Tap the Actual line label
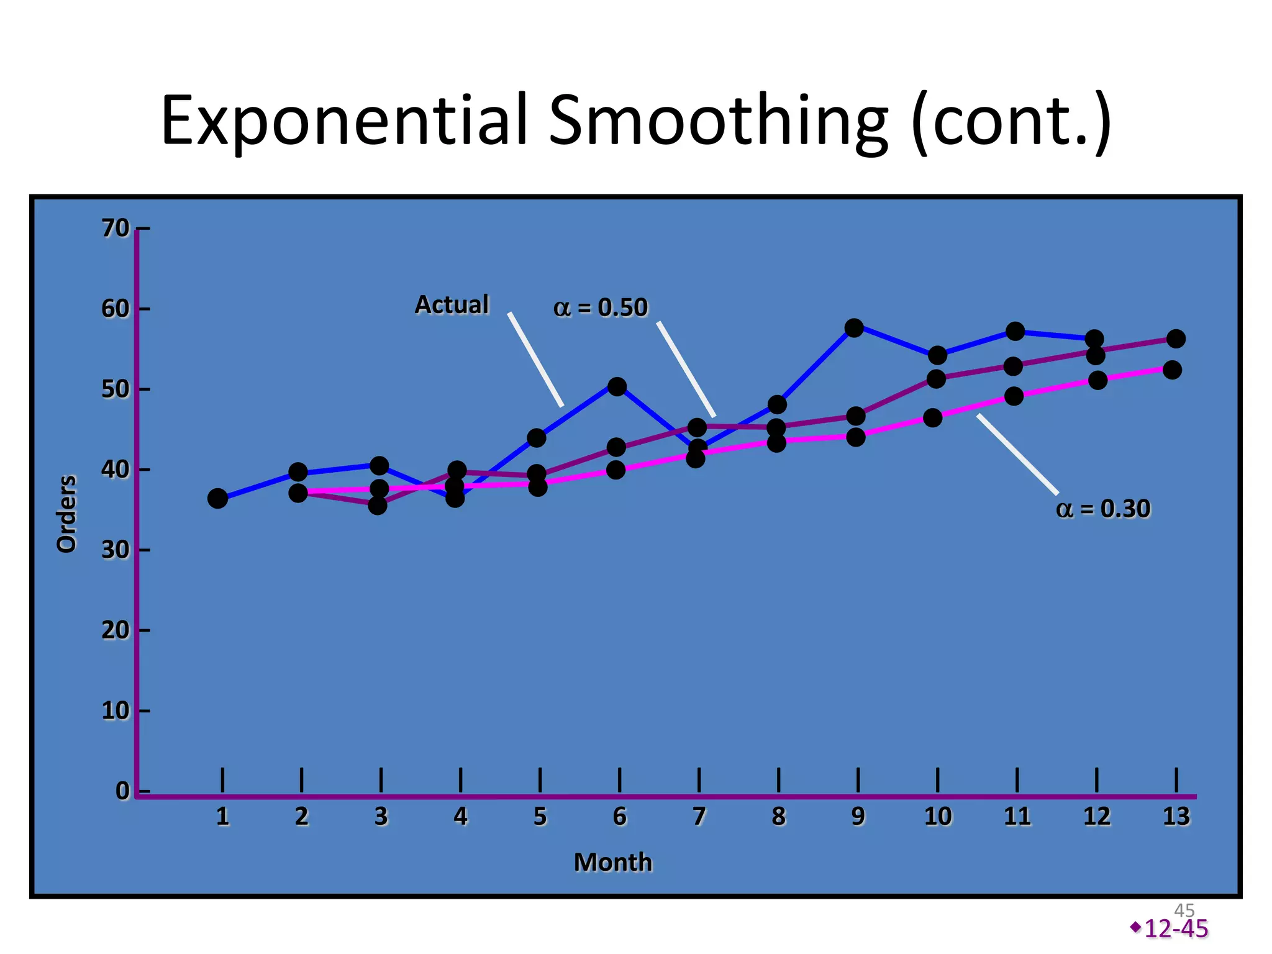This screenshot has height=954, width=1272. pyautogui.click(x=452, y=305)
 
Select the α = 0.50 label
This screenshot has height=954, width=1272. pyautogui.click(x=601, y=307)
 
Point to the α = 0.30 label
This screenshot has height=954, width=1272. pyautogui.click(x=1103, y=509)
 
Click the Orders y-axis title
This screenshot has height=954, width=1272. pyautogui.click(x=66, y=514)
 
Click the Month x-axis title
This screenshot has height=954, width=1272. pyautogui.click(x=613, y=862)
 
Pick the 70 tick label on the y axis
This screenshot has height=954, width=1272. pyautogui.click(x=115, y=229)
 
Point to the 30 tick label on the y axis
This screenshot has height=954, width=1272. pyautogui.click(x=115, y=550)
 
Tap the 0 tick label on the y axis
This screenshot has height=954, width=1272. pyautogui.click(x=122, y=791)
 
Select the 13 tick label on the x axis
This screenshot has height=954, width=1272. pyautogui.click(x=1176, y=816)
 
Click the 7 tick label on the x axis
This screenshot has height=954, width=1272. pyautogui.click(x=699, y=816)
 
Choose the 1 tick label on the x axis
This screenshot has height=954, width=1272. pyautogui.click(x=222, y=816)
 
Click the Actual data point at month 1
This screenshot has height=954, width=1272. pyautogui.click(x=217, y=498)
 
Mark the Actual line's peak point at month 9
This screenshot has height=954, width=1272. pyautogui.click(x=855, y=327)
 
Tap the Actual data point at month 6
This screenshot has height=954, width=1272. pyautogui.click(x=617, y=386)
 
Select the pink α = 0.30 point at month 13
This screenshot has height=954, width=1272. pyautogui.click(x=1172, y=370)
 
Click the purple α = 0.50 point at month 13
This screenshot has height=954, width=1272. pyautogui.click(x=1176, y=338)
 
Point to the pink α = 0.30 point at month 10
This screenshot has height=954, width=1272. pyautogui.click(x=932, y=417)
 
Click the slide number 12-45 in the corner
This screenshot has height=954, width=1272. pyautogui.click(x=1176, y=929)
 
